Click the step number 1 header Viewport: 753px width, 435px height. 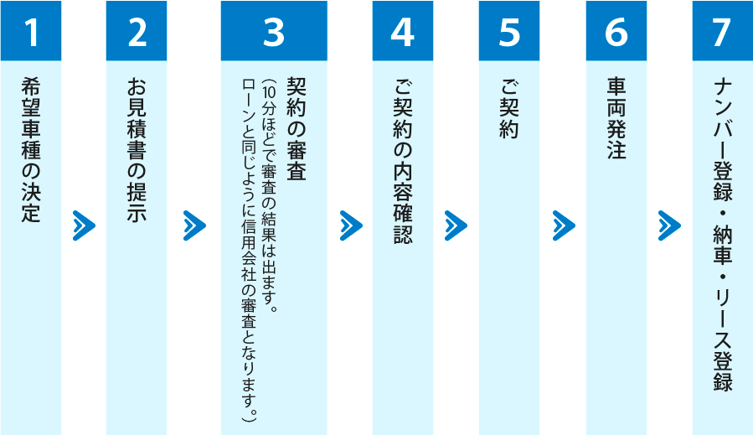pyautogui.click(x=31, y=31)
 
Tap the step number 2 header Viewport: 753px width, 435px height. pyautogui.click(x=137, y=31)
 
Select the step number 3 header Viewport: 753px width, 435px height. pyautogui.click(x=274, y=31)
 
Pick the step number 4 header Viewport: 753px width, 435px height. pyautogui.click(x=403, y=31)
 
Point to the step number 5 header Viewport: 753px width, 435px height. pyautogui.click(x=509, y=31)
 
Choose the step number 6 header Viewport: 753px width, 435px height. pyautogui.click(x=616, y=31)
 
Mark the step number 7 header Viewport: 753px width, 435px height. pyautogui.click(x=722, y=31)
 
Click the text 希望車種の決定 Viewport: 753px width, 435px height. pyautogui.click(x=31, y=151)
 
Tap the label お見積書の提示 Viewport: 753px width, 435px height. pyautogui.click(x=137, y=151)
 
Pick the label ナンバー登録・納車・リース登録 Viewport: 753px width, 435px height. pyautogui.click(x=722, y=235)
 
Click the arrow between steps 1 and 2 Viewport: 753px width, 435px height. pyautogui.click(x=84, y=225)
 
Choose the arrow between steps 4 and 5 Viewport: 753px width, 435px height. pyautogui.click(x=456, y=225)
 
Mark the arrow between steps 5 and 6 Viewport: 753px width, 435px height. pyautogui.click(x=564, y=225)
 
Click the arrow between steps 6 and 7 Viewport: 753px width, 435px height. pyautogui.click(x=669, y=225)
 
